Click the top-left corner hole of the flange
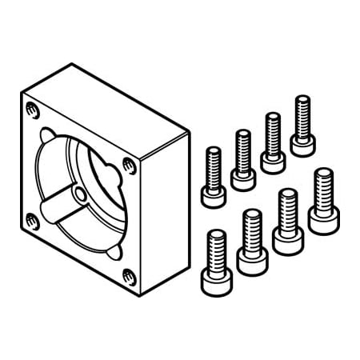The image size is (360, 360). (31, 110)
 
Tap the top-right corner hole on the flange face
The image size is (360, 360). (129, 166)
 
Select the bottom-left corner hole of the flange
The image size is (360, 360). (32, 219)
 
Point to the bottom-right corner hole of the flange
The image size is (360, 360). (130, 277)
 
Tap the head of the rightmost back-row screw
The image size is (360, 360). (302, 143)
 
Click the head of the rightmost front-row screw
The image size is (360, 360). (323, 218)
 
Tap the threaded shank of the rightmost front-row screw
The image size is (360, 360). (323, 187)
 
